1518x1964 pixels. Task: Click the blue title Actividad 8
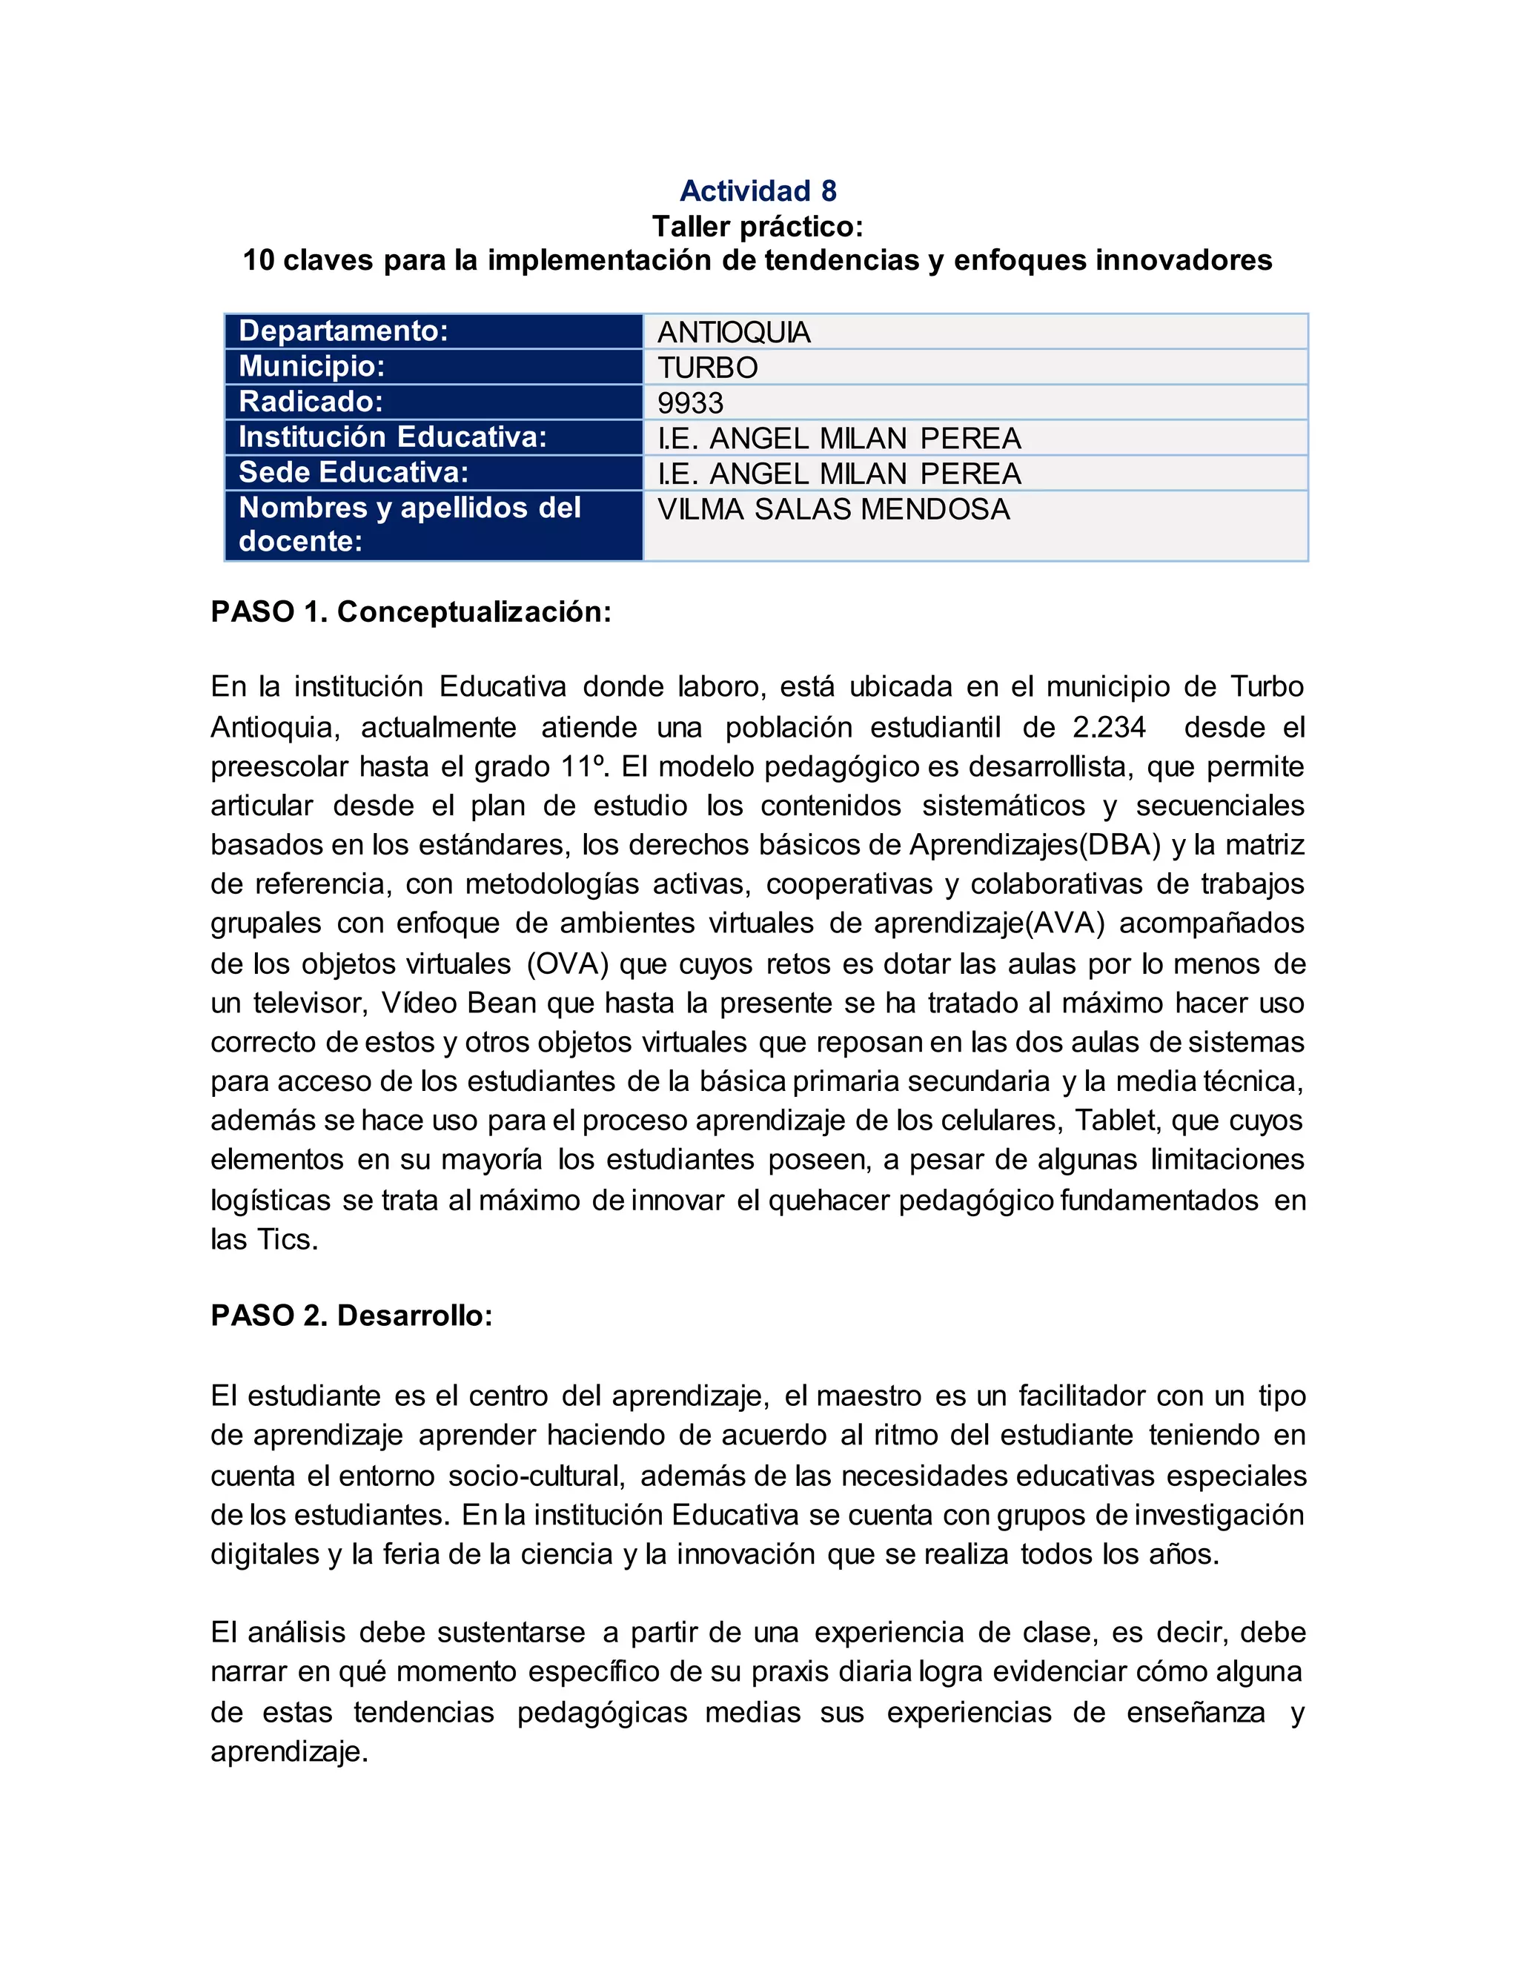point(758,190)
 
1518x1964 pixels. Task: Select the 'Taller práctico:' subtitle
point(758,226)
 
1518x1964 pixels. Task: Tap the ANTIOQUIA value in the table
point(734,333)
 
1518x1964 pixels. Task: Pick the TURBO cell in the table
point(707,368)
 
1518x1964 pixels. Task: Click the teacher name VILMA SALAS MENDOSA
point(834,509)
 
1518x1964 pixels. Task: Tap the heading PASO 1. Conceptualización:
point(411,611)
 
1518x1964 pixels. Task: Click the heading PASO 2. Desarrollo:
point(351,1316)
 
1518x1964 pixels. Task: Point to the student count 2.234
point(1109,726)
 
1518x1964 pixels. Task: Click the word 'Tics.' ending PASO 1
point(288,1239)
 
